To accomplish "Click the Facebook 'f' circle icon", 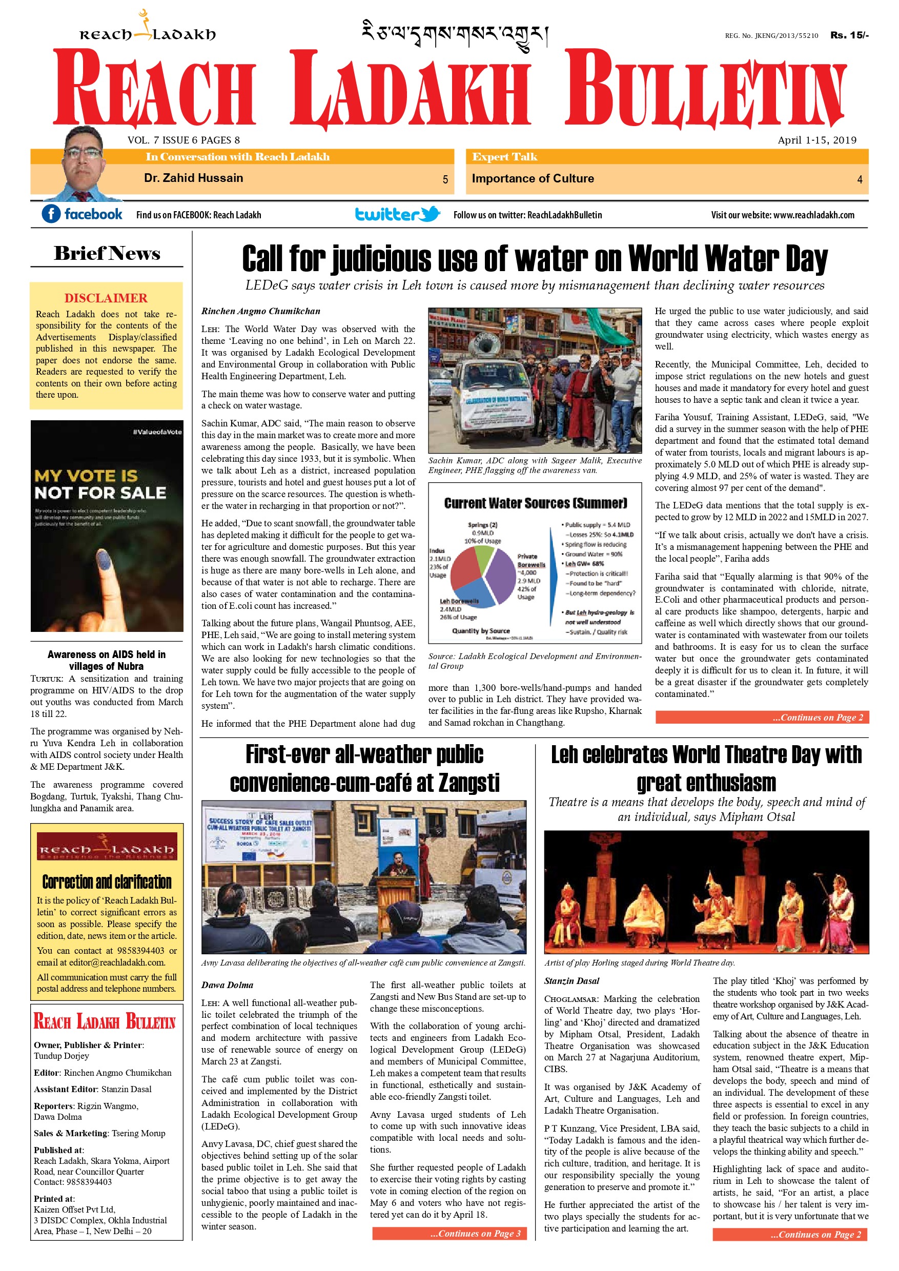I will [x=51, y=214].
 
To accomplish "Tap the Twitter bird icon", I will [x=430, y=213].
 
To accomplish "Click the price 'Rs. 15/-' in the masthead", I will [x=849, y=35].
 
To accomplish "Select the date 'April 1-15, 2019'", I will [x=816, y=140].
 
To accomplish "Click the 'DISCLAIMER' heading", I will [x=106, y=298].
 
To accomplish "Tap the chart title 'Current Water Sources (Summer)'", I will [x=535, y=503].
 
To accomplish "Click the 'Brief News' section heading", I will [x=107, y=254].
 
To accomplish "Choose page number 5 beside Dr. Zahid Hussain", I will [x=445, y=179].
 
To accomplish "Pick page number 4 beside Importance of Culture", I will [x=859, y=179].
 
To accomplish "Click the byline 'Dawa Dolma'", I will [x=227, y=985].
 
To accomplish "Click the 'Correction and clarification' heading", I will [x=107, y=882].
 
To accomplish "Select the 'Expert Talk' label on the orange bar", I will [x=504, y=157].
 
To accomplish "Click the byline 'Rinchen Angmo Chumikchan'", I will [x=260, y=311].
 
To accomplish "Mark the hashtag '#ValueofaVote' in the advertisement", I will [x=157, y=432].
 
